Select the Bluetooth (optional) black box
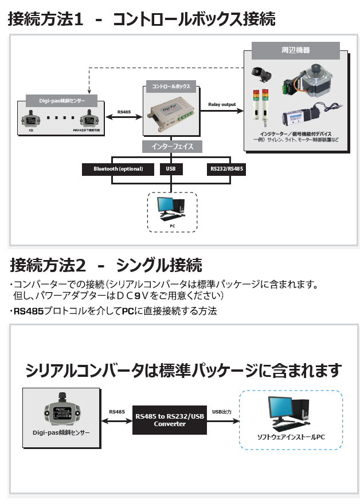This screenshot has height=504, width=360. coord(118,169)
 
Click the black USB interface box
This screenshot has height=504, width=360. coord(171,169)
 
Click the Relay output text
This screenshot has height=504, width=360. coord(221,104)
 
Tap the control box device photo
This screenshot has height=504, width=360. coord(171,112)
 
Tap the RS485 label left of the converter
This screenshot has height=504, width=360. coord(117,411)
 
